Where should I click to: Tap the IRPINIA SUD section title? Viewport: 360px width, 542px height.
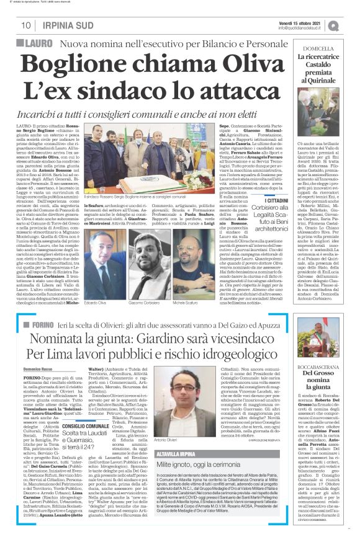65,25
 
